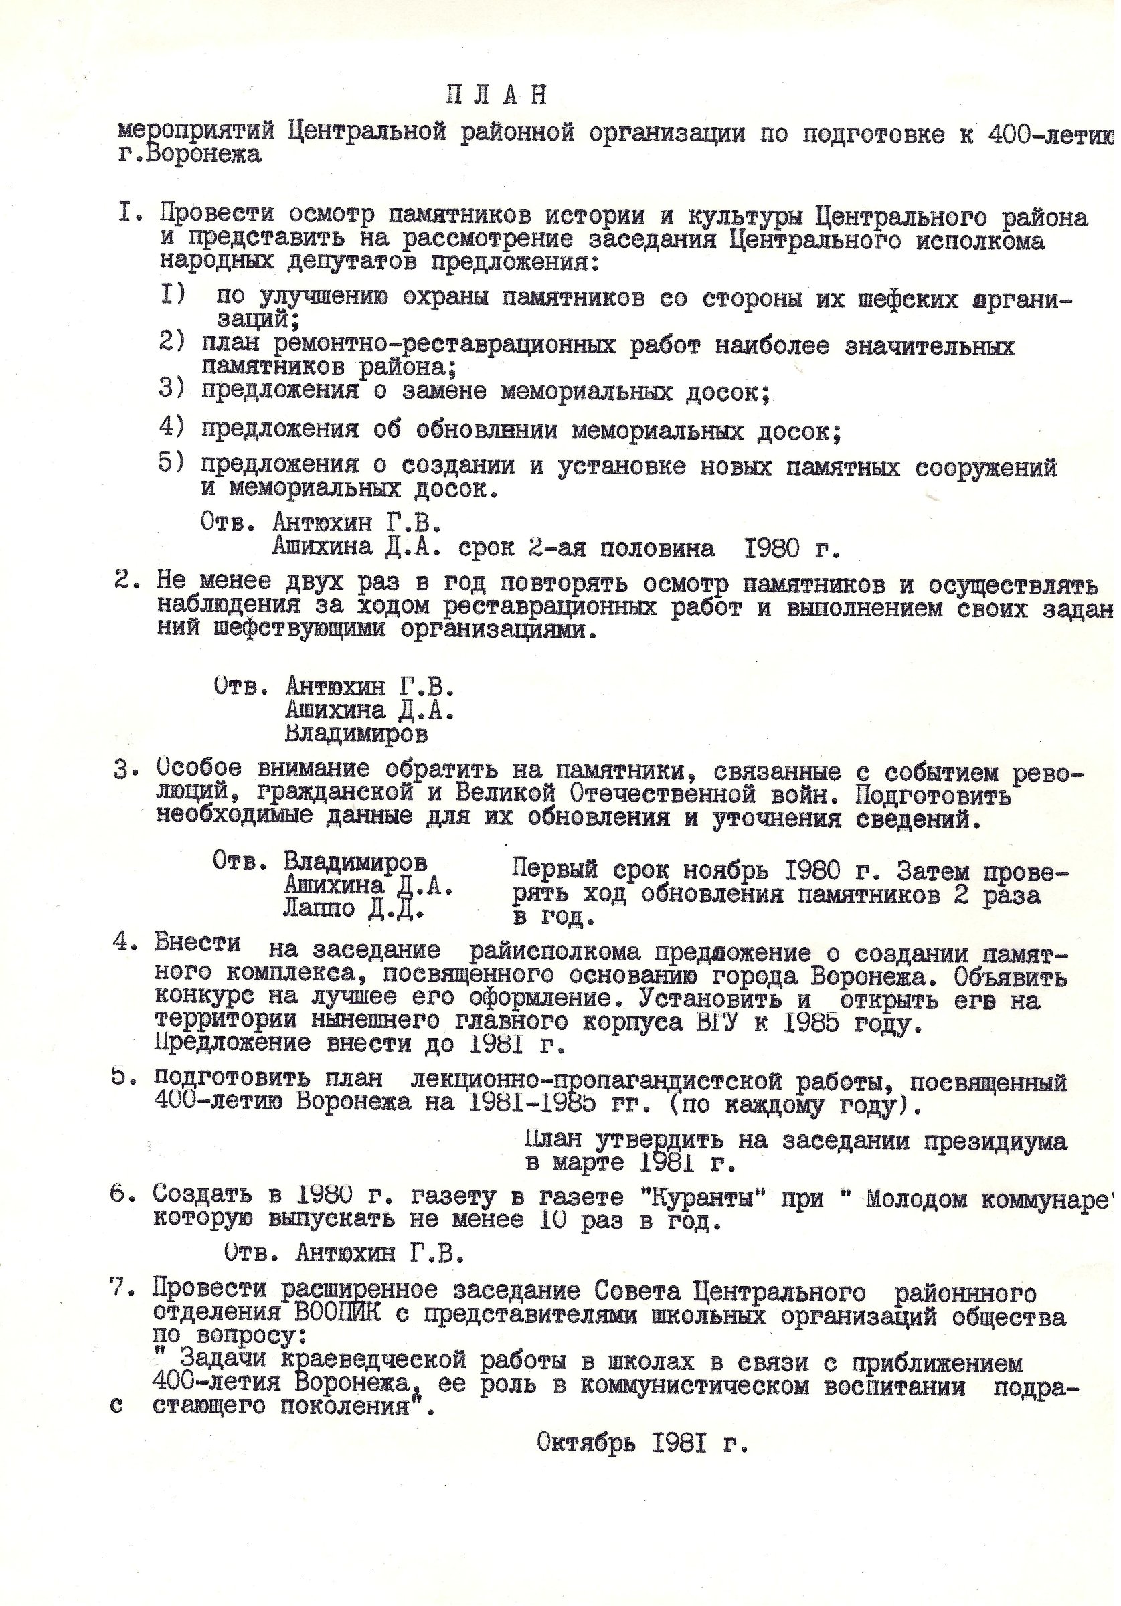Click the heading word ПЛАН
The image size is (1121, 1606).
496,96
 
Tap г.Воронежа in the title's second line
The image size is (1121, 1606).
189,154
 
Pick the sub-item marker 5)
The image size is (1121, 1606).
172,464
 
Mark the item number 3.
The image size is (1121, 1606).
120,769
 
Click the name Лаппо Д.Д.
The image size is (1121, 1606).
353,909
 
